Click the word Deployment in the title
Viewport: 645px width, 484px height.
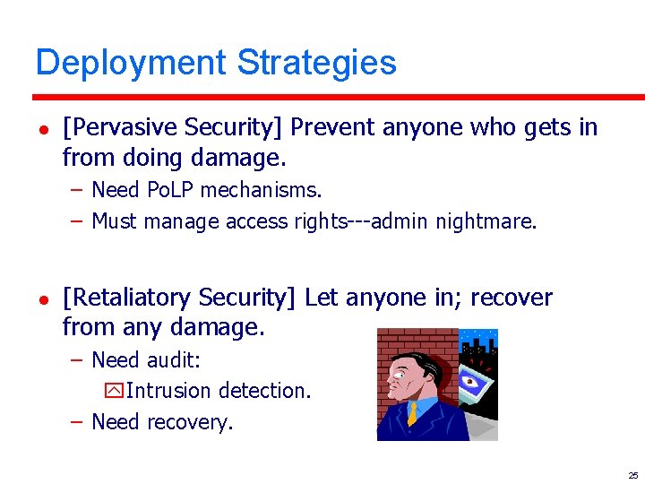pos(132,64)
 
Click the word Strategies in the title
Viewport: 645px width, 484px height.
pos(316,64)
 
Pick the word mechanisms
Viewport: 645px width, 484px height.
pos(261,190)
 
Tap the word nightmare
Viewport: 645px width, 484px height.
pos(486,220)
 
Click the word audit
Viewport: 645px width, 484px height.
pos(174,360)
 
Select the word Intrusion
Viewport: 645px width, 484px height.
pos(162,391)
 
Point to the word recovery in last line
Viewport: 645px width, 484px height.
pos(189,421)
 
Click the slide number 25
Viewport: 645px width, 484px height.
pos(632,475)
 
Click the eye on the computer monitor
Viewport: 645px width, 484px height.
pos(472,380)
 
